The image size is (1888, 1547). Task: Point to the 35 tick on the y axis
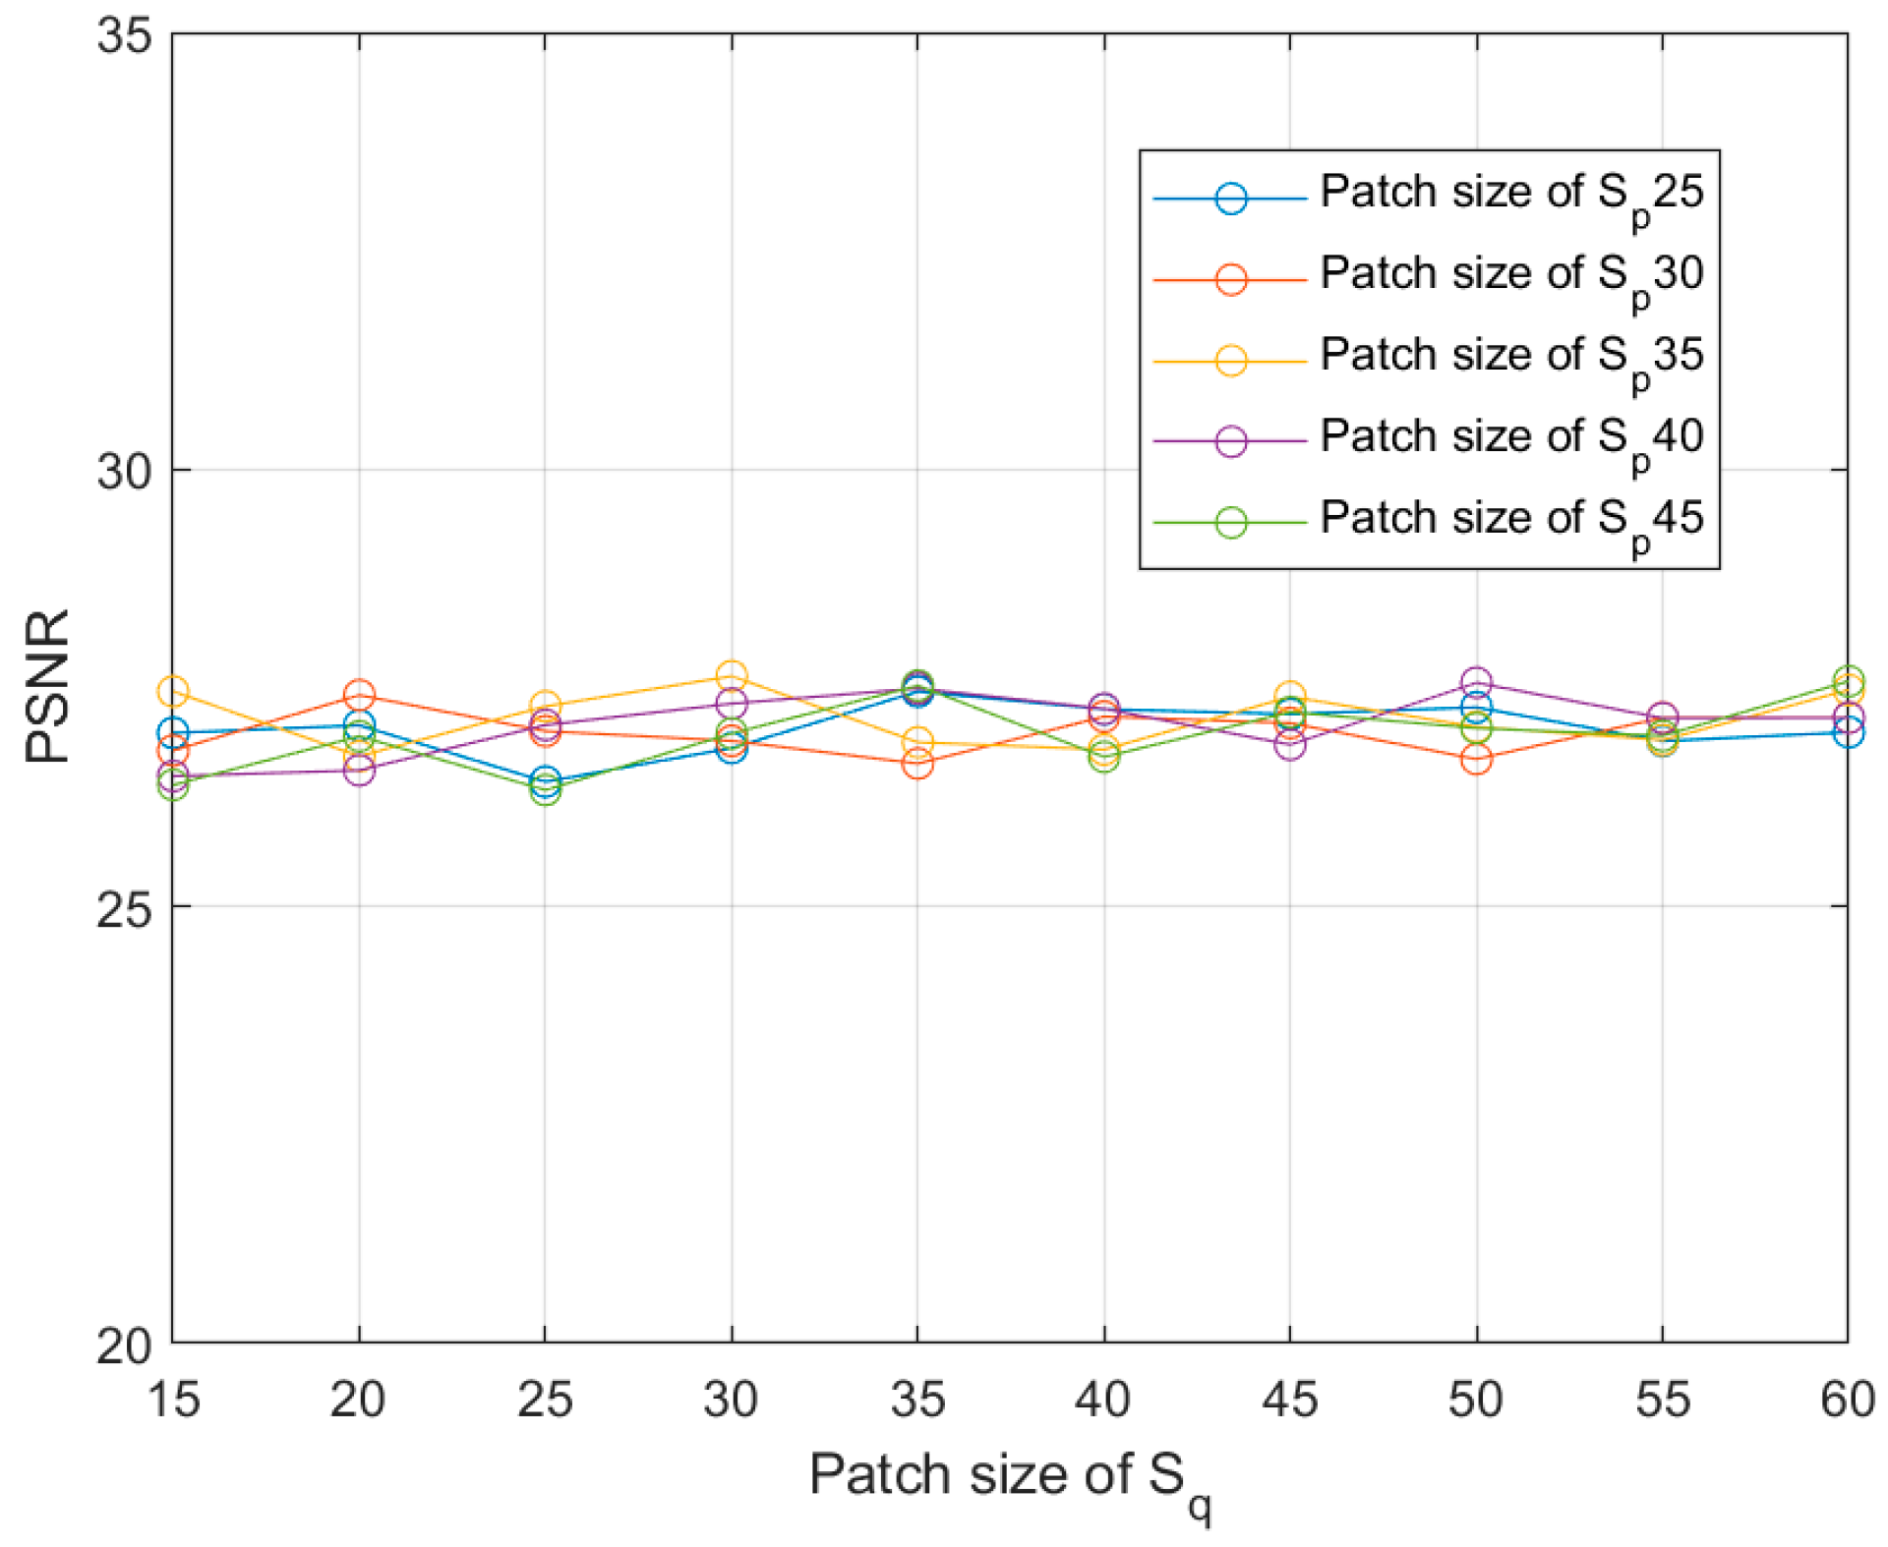125,37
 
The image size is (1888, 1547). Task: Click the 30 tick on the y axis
125,472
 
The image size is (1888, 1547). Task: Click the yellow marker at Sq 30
731,676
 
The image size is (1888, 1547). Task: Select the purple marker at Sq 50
1475,681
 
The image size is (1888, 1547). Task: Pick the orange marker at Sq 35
917,763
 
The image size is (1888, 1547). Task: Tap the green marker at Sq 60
1848,681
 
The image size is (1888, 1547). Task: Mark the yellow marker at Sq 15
173,692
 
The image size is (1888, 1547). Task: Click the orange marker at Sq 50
1475,759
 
